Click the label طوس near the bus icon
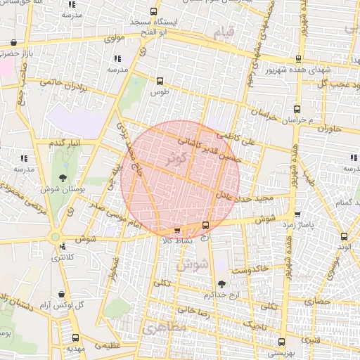pos(160,92)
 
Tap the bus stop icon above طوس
pos(160,80)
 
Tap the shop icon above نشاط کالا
pos(176,229)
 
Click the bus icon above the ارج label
pos(205,225)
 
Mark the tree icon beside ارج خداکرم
pos(222,284)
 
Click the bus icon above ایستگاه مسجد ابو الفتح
pos(155,12)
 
